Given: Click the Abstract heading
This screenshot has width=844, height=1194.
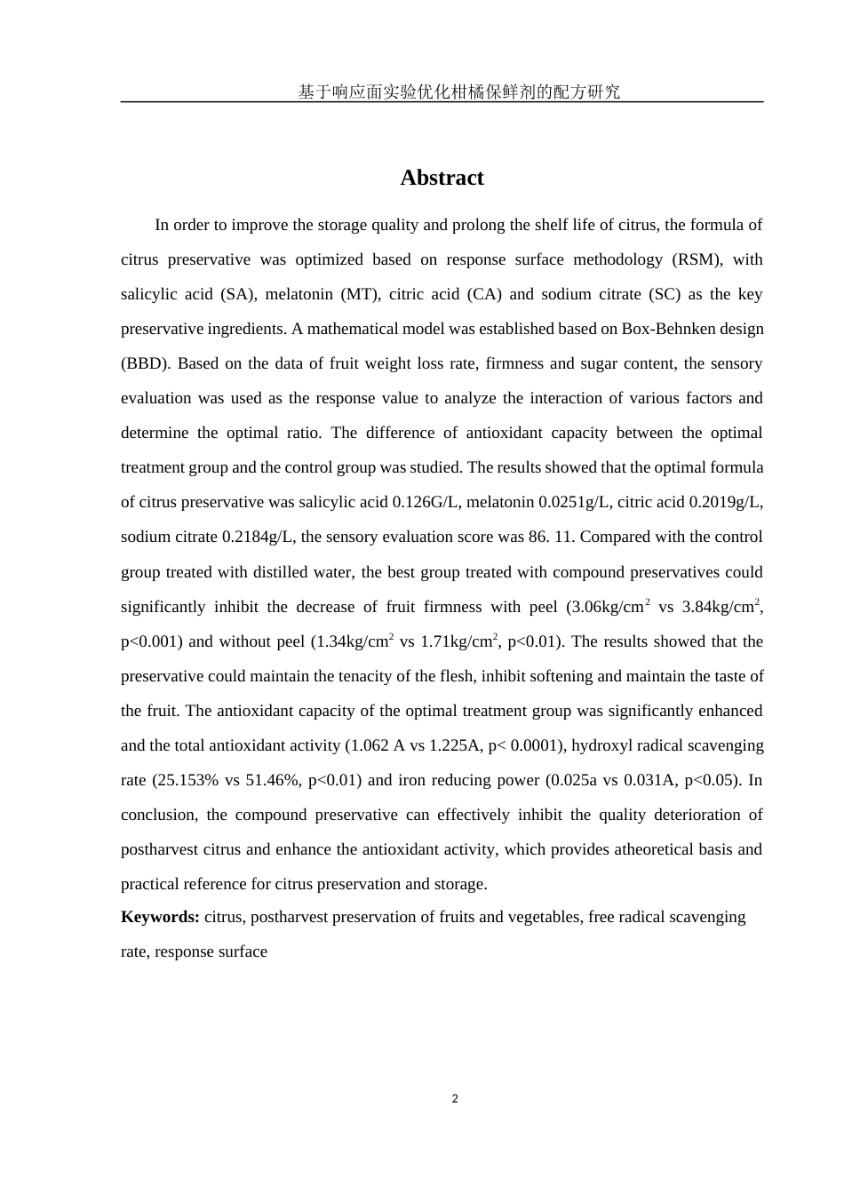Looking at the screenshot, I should pos(442,178).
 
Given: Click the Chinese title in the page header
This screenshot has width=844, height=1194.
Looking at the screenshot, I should pos(458,92).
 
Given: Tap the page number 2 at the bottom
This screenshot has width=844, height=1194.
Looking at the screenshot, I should pos(455,1099).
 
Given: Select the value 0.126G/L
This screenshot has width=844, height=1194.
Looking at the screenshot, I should pos(426,502).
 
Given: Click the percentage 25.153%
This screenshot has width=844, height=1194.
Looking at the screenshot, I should pos(187,780).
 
